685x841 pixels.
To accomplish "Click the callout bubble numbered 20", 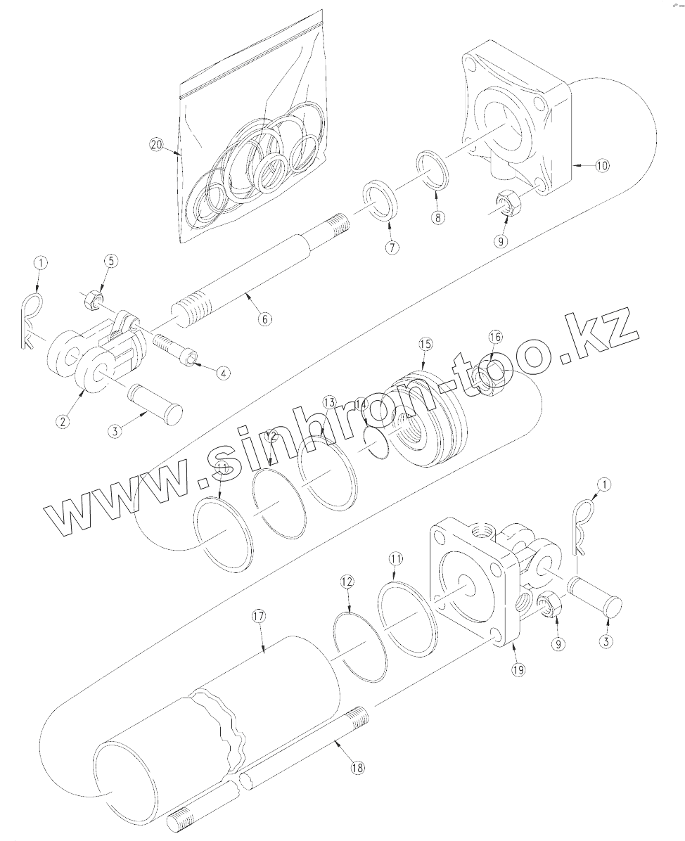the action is (156, 144).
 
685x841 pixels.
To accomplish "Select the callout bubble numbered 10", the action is (601, 166).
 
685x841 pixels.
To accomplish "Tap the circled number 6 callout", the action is (264, 319).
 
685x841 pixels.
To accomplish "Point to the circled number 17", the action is (258, 616).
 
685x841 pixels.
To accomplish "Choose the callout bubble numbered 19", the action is (518, 670).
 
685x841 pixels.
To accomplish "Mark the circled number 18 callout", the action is (357, 769).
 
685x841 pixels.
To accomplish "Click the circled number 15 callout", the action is (425, 345).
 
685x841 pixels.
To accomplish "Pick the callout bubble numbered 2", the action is (63, 422).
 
